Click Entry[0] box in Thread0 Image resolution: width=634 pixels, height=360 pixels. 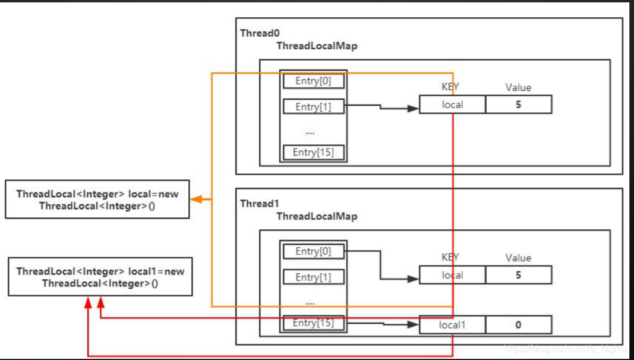click(313, 81)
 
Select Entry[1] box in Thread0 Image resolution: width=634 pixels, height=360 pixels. click(313, 107)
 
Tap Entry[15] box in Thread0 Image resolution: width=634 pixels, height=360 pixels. click(313, 152)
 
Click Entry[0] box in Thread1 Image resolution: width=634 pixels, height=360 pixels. click(313, 251)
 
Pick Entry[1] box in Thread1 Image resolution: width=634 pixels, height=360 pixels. click(313, 277)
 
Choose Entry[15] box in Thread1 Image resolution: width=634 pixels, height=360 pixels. click(313, 323)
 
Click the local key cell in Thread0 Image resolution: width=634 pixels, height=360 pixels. click(452, 105)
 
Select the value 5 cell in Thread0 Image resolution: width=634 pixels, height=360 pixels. click(518, 105)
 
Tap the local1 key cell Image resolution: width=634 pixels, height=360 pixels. click(452, 324)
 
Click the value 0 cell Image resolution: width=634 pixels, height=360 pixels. click(518, 324)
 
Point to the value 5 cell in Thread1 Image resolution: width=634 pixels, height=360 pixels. click(518, 275)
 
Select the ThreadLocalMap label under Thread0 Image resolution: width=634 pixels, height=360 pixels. click(317, 46)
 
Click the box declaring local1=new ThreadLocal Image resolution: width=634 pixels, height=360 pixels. click(100, 277)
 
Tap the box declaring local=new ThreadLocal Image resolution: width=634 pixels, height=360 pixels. click(97, 200)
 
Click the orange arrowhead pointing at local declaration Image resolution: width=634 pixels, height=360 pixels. click(195, 200)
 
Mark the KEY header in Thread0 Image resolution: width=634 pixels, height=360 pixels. click(450, 87)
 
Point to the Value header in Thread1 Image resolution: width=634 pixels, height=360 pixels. click(518, 258)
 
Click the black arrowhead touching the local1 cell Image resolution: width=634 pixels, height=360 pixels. click(414, 325)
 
